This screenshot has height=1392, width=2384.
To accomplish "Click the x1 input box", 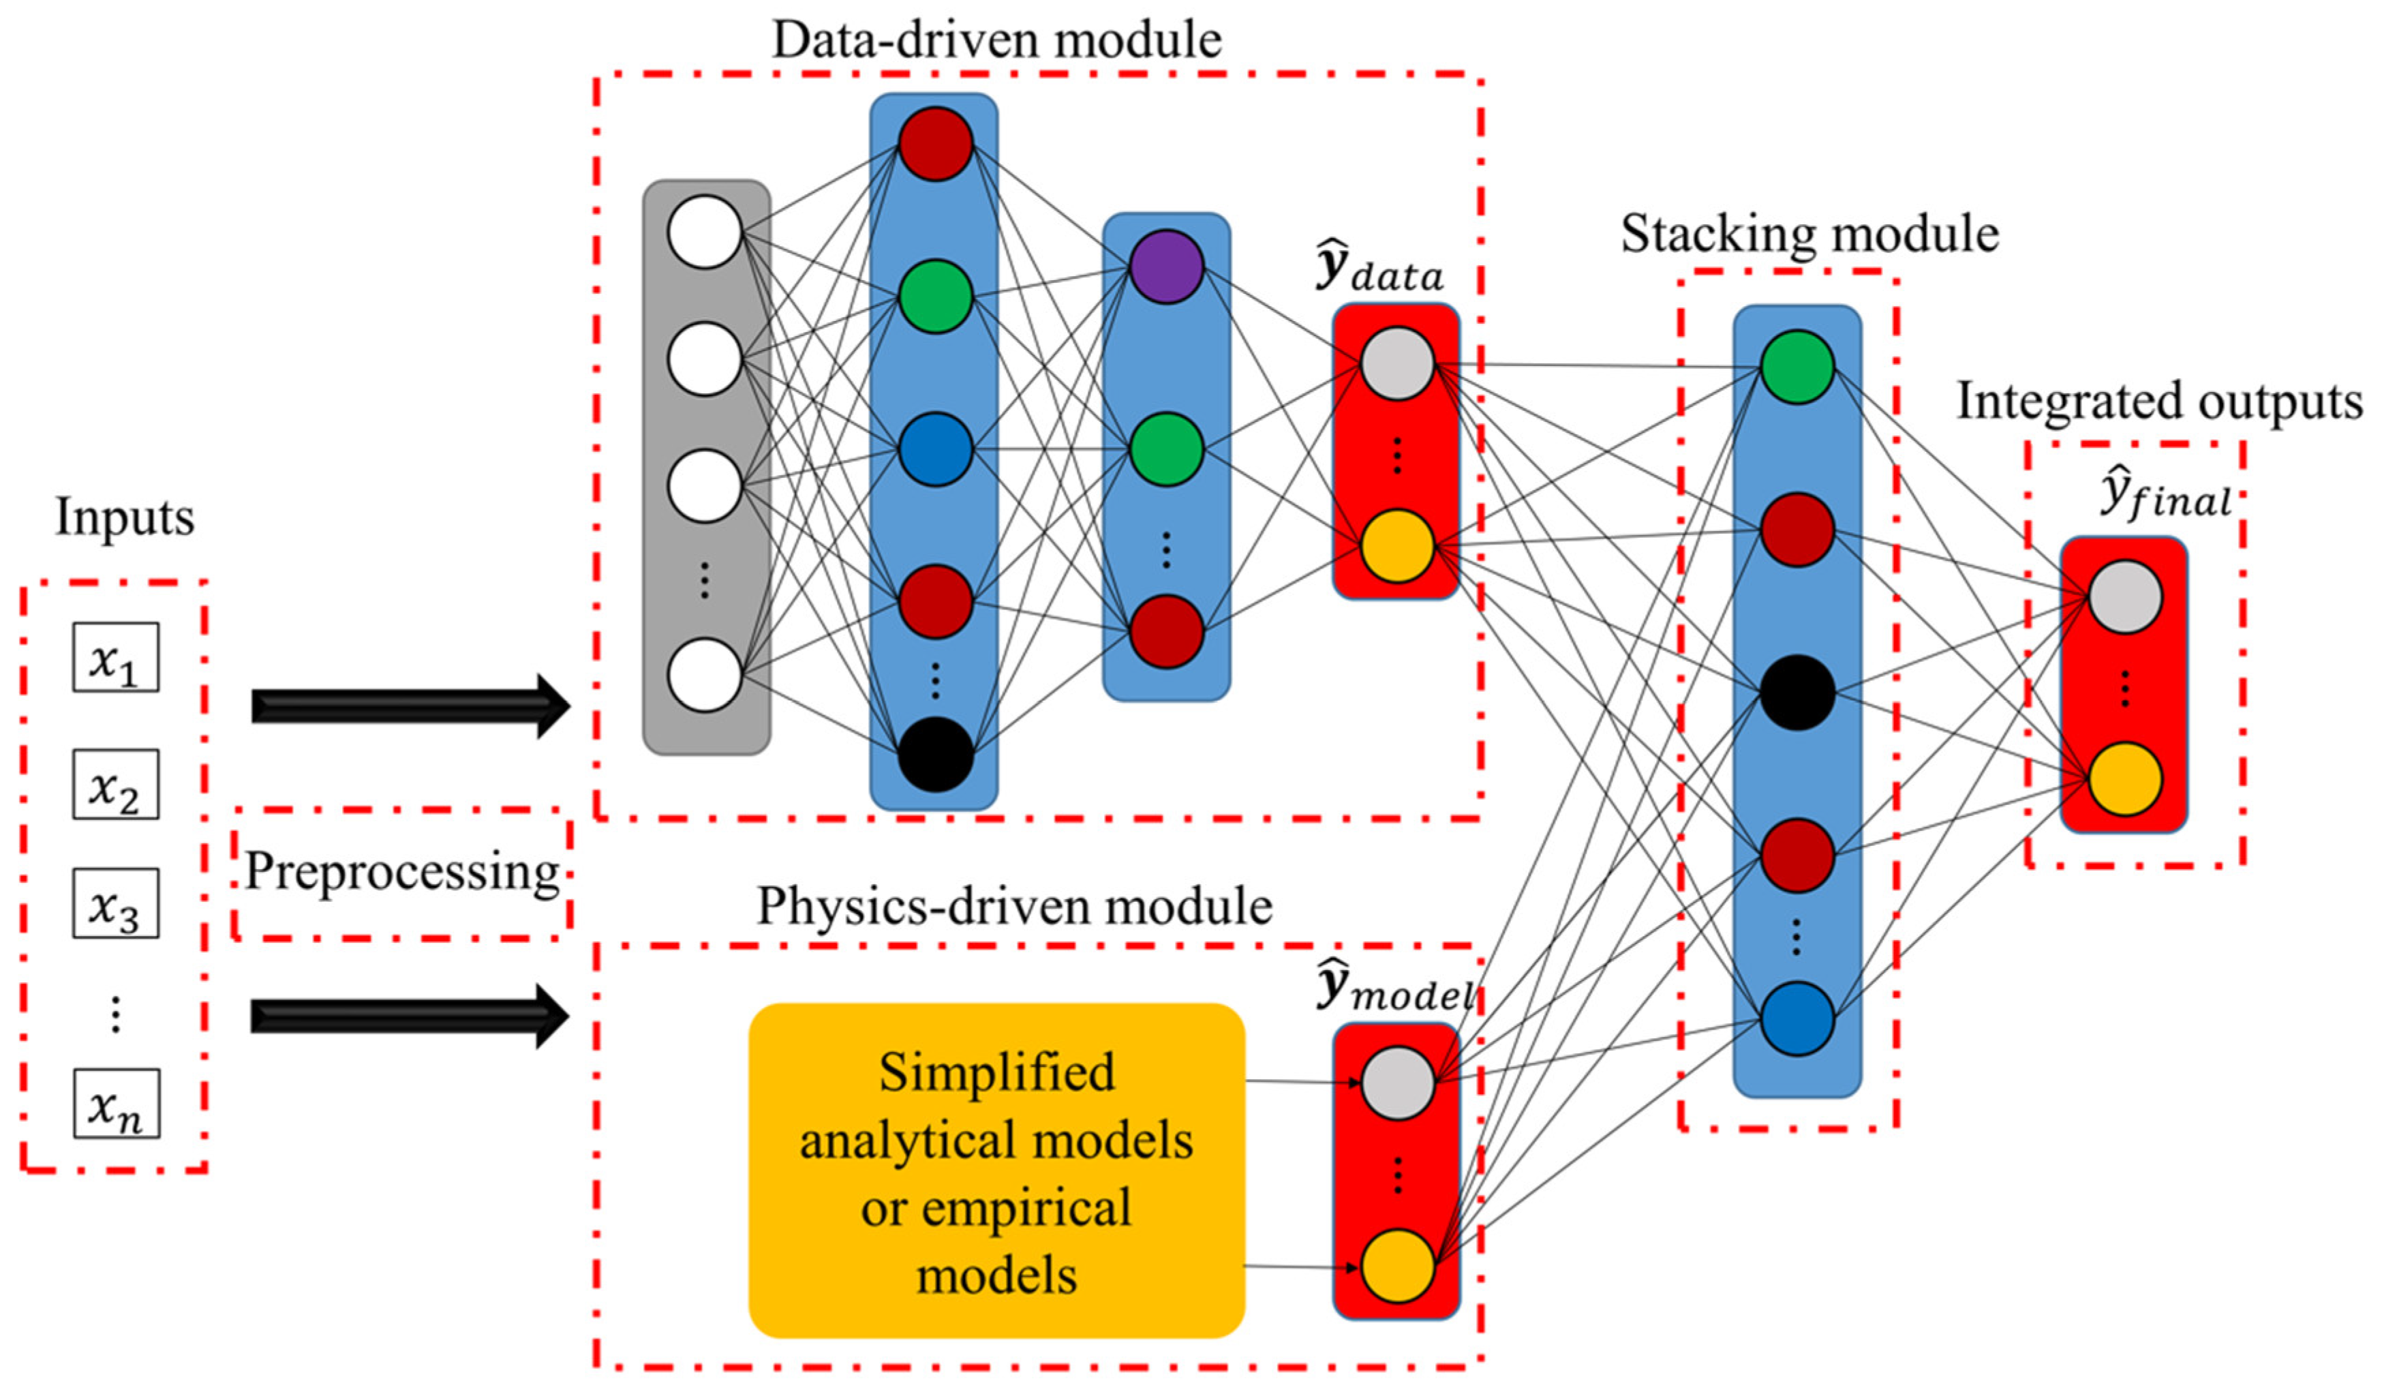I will [115, 656].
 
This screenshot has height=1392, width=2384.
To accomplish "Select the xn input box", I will [117, 1104].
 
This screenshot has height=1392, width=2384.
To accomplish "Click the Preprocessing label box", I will [402, 873].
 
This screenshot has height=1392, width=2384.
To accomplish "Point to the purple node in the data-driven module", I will [1167, 267].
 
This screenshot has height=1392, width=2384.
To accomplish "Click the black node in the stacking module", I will [1797, 693].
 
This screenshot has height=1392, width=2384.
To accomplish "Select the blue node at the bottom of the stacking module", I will [1797, 1019].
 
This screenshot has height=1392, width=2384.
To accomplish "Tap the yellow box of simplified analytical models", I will [996, 1172].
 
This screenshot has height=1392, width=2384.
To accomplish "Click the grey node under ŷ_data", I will [1397, 364].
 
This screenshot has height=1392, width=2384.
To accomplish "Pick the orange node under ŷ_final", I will [2125, 778].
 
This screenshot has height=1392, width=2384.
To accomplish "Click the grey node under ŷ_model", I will [1397, 1083].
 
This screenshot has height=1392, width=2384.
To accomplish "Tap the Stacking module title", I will [1809, 234].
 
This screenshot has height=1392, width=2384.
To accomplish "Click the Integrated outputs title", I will [2159, 402].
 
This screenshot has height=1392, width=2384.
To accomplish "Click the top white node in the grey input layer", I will [704, 232].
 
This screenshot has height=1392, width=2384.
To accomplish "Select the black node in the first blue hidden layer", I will [934, 754].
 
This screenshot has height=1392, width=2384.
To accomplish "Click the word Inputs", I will [124, 517].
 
